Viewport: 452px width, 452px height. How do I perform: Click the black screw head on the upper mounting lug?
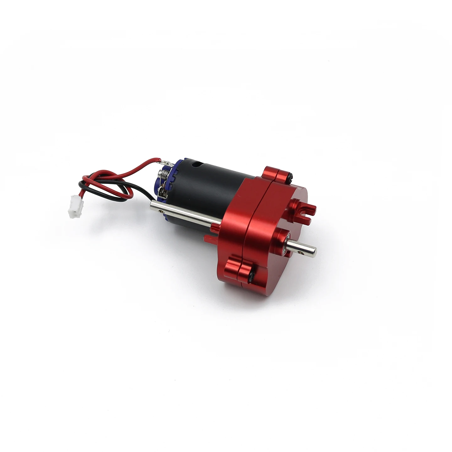[291, 178]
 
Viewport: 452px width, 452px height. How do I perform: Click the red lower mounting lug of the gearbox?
[239, 267]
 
